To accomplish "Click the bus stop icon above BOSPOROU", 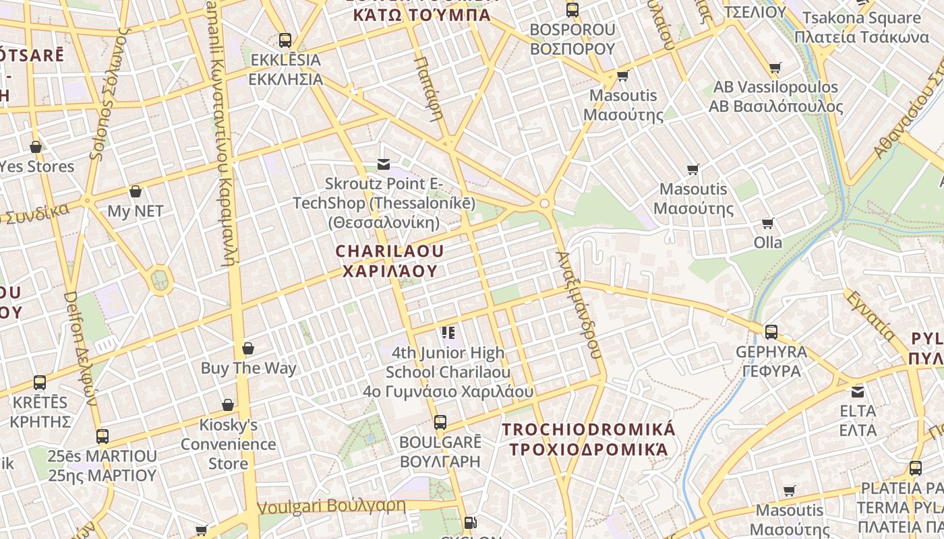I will click(572, 10).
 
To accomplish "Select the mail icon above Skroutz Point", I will click(384, 164).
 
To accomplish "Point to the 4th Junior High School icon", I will click(448, 333).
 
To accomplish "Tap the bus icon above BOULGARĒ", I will click(440, 422).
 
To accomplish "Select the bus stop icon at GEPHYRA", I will click(771, 332).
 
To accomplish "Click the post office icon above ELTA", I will click(858, 391).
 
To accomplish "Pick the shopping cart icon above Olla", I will click(767, 223).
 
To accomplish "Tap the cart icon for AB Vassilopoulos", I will click(775, 67).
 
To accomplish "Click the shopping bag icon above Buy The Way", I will click(248, 348).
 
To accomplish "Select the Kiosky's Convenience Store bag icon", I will click(228, 405).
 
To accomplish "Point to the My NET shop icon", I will click(136, 191).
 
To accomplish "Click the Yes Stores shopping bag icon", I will click(36, 146).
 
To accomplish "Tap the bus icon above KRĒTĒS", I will click(40, 383).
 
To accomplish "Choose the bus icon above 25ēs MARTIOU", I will click(102, 436).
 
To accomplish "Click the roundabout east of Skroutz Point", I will click(544, 203).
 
